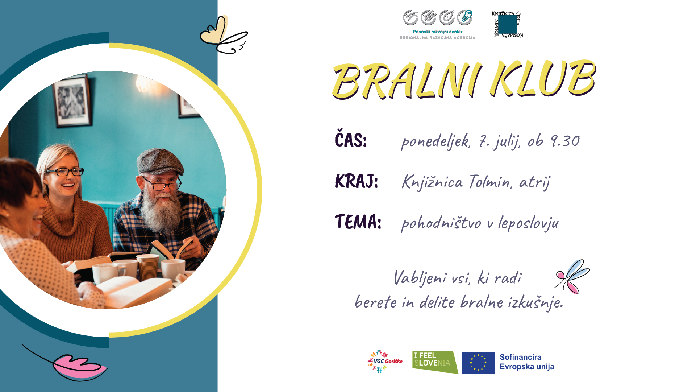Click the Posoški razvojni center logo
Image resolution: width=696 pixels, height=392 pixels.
[437, 25]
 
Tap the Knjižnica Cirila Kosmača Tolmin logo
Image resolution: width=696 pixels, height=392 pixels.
[507, 24]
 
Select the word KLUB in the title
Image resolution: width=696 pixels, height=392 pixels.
[542, 78]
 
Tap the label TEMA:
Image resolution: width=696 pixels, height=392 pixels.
[358, 222]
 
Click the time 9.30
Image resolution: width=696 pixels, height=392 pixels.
[565, 141]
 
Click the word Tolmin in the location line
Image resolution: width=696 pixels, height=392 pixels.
[491, 181]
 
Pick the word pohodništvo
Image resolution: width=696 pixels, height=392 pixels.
[441, 223]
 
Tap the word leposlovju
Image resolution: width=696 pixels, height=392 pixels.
[528, 223]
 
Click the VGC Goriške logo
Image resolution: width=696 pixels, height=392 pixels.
[385, 362]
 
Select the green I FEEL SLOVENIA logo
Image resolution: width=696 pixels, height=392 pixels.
[435, 362]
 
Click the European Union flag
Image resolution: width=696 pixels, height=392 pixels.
[478, 363]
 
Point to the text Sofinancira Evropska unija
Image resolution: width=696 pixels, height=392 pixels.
[527, 362]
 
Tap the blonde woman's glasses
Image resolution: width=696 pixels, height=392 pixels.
[65, 172]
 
